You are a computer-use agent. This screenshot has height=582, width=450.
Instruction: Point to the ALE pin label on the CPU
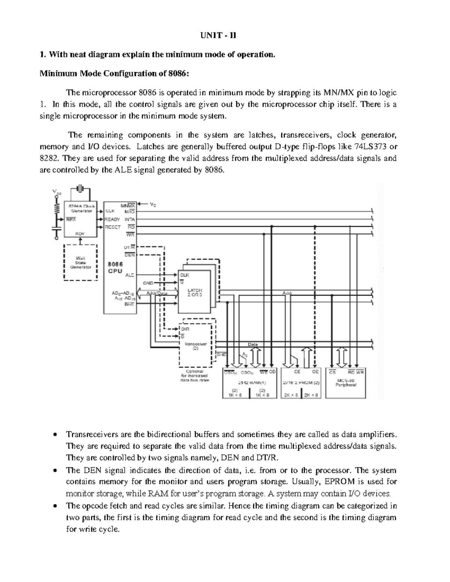pyautogui.click(x=129, y=275)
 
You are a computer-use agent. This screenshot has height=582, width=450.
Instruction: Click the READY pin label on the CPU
pyautogui.click(x=112, y=219)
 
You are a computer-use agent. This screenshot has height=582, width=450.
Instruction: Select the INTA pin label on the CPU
pyautogui.click(x=130, y=219)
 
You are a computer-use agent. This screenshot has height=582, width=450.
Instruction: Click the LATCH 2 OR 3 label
pyautogui.click(x=195, y=292)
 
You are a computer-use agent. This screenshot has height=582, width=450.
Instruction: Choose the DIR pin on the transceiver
pyautogui.click(x=185, y=329)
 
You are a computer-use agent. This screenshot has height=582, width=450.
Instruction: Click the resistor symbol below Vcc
pyautogui.click(x=57, y=208)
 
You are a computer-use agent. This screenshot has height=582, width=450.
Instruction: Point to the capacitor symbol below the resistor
pyautogui.click(x=57, y=228)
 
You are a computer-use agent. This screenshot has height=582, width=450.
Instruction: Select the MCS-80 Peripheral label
pyautogui.click(x=346, y=382)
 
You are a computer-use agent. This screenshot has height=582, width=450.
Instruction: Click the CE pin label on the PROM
pyautogui.click(x=297, y=372)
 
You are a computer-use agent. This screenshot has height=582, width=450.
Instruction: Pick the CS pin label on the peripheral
pyautogui.click(x=332, y=372)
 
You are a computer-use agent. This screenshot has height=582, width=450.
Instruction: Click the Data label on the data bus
pyautogui.click(x=253, y=344)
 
